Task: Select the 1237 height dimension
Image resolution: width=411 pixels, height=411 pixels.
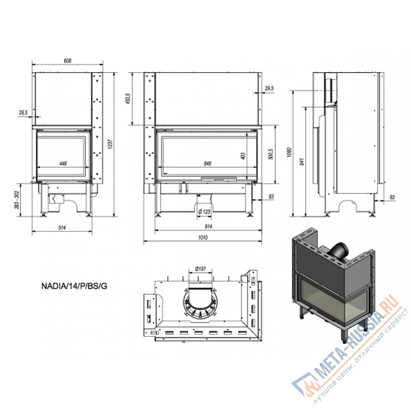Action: pyautogui.click(x=109, y=145)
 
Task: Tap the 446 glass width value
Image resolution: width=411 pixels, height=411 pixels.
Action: pyautogui.click(x=63, y=163)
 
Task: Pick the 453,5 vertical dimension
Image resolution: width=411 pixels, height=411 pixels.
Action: pyautogui.click(x=128, y=99)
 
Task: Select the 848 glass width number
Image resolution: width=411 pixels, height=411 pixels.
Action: pyautogui.click(x=207, y=163)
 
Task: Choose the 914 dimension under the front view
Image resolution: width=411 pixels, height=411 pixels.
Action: pyautogui.click(x=208, y=227)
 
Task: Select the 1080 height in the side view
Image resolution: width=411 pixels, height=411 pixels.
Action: pyautogui.click(x=289, y=153)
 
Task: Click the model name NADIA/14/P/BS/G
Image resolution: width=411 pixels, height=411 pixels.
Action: pyautogui.click(x=74, y=287)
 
